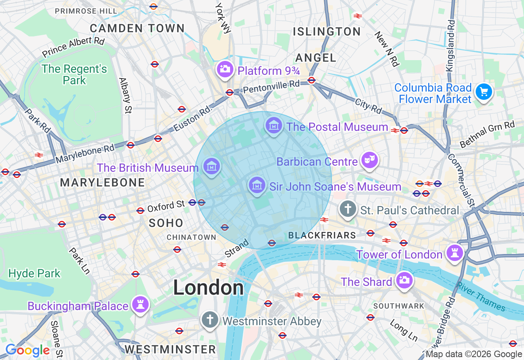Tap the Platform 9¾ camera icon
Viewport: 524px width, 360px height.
(x=225, y=69)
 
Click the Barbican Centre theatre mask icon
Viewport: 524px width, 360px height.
(x=370, y=160)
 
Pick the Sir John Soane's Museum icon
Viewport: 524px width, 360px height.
(x=257, y=185)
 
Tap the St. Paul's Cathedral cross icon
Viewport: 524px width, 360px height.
(x=348, y=209)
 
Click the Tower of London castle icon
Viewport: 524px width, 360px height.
(x=454, y=253)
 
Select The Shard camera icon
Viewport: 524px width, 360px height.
(x=404, y=280)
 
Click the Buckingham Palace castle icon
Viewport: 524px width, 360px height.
(x=140, y=304)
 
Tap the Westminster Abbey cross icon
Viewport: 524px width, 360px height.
(x=210, y=319)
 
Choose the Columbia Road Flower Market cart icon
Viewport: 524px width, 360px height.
(x=484, y=92)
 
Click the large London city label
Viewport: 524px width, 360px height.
(x=208, y=288)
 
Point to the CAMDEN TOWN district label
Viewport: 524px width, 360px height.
(x=137, y=28)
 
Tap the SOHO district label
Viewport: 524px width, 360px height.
(x=166, y=223)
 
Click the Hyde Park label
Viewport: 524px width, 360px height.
(x=34, y=273)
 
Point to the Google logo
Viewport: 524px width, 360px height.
(x=27, y=350)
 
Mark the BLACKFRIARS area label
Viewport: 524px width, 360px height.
(x=322, y=235)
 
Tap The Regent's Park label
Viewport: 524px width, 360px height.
(x=74, y=74)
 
